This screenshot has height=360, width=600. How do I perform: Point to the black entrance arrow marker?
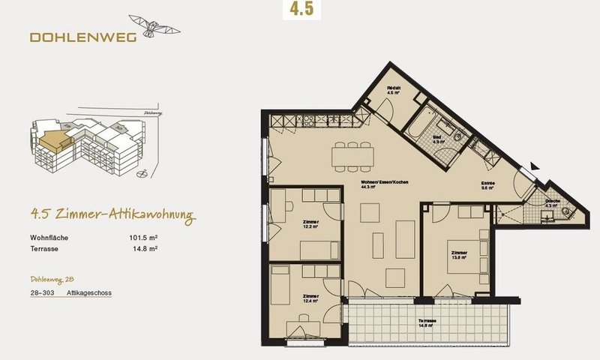[533, 165]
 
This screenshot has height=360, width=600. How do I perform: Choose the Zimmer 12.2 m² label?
[310, 224]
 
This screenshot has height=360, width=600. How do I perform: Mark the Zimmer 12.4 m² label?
[310, 298]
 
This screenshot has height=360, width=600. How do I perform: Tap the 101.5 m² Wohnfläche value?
[143, 238]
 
